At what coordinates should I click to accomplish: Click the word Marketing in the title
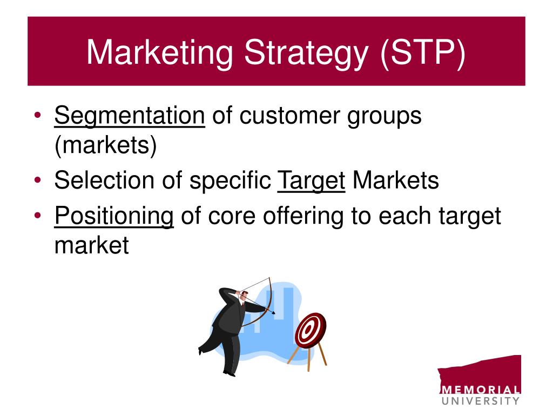160,53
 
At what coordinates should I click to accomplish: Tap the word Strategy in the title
306,53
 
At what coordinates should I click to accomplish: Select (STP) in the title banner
423,53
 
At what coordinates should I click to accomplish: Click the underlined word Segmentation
130,116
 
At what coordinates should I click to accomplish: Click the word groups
385,117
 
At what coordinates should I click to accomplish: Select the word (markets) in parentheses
105,145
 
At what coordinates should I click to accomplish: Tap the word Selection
105,180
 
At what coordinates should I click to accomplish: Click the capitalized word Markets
396,180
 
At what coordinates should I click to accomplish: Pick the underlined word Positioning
114,216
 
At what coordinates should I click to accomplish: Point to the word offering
303,216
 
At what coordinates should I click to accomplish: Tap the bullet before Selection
38,180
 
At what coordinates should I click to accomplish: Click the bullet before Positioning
38,215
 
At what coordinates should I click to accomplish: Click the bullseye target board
311,330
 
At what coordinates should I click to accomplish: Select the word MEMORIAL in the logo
480,390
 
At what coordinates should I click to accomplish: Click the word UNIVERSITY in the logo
480,401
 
